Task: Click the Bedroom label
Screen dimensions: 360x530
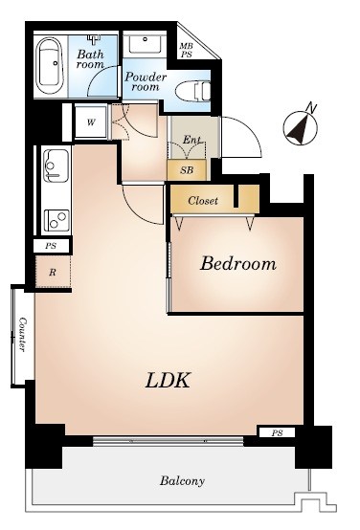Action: tap(237, 264)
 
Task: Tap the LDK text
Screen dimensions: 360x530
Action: tap(168, 380)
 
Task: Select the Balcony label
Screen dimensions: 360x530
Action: tap(182, 480)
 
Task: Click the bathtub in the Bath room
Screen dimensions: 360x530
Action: tap(50, 65)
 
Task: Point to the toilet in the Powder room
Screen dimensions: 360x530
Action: tap(192, 91)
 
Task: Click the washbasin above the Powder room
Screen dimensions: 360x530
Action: tap(145, 43)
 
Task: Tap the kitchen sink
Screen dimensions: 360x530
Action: tap(56, 166)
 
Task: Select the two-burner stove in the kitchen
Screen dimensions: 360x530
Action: tap(56, 220)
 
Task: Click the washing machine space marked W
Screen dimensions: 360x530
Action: tap(90, 122)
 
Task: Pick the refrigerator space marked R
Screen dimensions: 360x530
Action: tap(53, 272)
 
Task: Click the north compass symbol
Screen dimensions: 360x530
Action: tap(300, 128)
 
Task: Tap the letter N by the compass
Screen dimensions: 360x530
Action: tap(311, 107)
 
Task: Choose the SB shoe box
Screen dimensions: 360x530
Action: tap(187, 170)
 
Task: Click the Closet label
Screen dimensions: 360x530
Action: tap(203, 201)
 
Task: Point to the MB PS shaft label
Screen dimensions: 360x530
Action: tap(186, 50)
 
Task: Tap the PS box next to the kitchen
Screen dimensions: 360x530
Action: tap(51, 246)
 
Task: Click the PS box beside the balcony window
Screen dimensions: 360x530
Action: tap(277, 432)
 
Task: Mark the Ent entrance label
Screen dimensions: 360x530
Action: tap(191, 140)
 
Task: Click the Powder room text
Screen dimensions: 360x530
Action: tap(146, 82)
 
